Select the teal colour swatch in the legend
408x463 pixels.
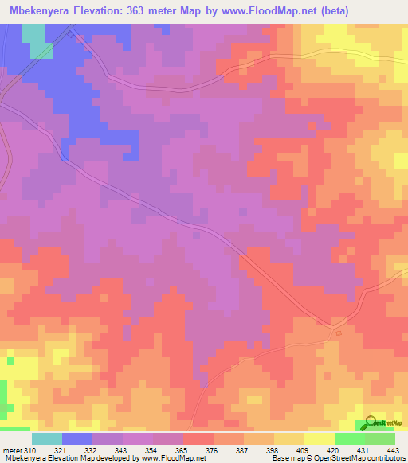tap(47, 438)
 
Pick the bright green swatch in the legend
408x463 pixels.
tap(349, 438)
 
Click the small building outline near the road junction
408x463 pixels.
tap(339, 333)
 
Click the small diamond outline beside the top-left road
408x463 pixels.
tap(72, 33)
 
